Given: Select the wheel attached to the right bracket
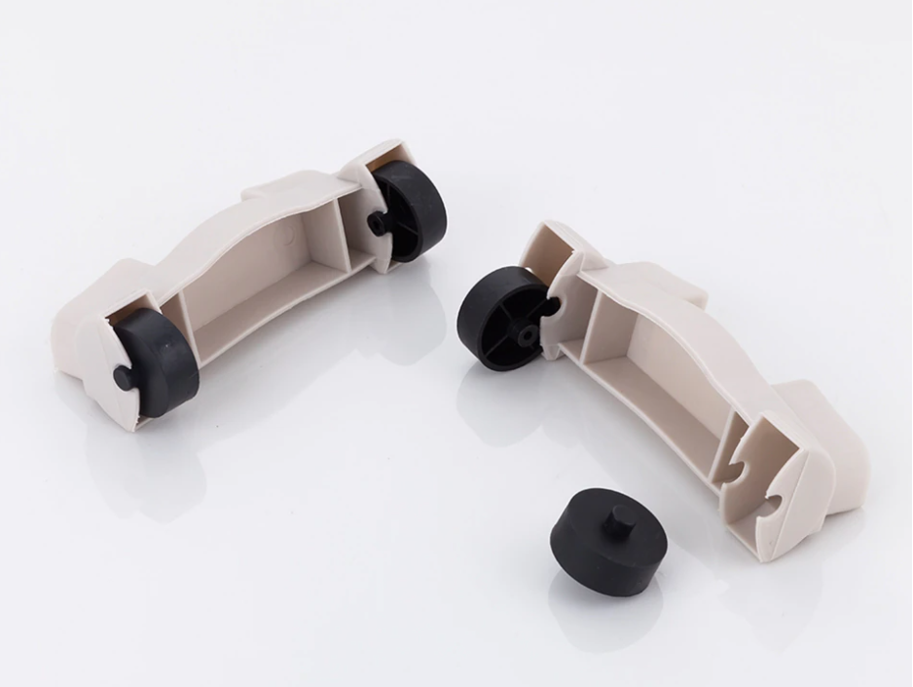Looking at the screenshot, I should coord(500,318).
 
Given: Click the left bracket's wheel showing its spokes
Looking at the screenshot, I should coord(409,209).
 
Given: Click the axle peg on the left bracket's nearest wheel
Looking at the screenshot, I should coord(123,377).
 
